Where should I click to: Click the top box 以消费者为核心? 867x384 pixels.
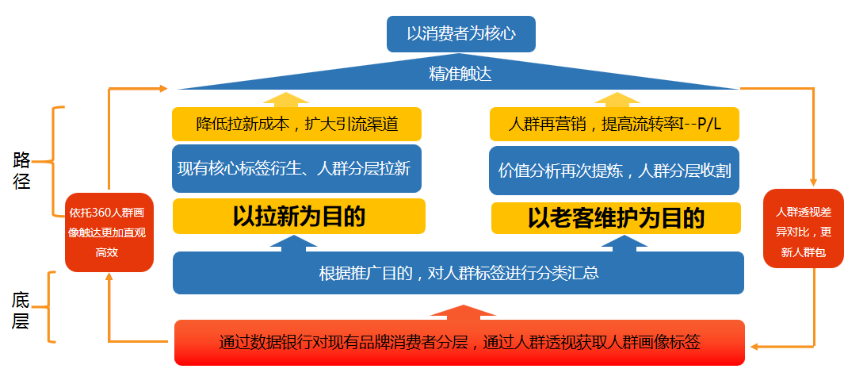click(x=460, y=34)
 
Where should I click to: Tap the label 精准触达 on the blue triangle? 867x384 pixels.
click(x=460, y=75)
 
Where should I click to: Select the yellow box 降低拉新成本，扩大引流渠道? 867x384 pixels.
click(x=296, y=125)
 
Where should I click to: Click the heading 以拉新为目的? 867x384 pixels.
click(x=299, y=217)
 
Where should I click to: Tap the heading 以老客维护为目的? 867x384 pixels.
click(x=616, y=217)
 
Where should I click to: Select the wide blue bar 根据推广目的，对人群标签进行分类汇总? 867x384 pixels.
click(x=458, y=274)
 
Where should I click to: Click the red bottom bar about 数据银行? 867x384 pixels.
click(x=459, y=343)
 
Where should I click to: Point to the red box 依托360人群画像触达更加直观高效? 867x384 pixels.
click(x=109, y=232)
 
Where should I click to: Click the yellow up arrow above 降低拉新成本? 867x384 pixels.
click(x=286, y=99)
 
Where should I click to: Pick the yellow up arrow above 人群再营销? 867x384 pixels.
click(x=617, y=99)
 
